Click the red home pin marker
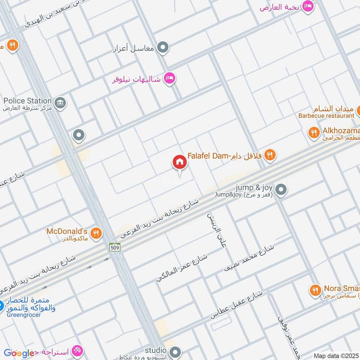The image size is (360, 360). [179, 162]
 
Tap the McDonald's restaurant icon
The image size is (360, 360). [96, 233]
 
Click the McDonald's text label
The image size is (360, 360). [67, 231]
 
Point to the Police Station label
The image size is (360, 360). [27, 100]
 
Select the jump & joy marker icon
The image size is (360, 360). [281, 190]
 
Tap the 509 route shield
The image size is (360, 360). [114, 247]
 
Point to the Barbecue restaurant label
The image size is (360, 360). [326, 116]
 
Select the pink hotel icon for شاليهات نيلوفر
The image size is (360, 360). [169, 78]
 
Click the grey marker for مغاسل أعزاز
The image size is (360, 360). [163, 47]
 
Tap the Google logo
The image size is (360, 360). [19, 353]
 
